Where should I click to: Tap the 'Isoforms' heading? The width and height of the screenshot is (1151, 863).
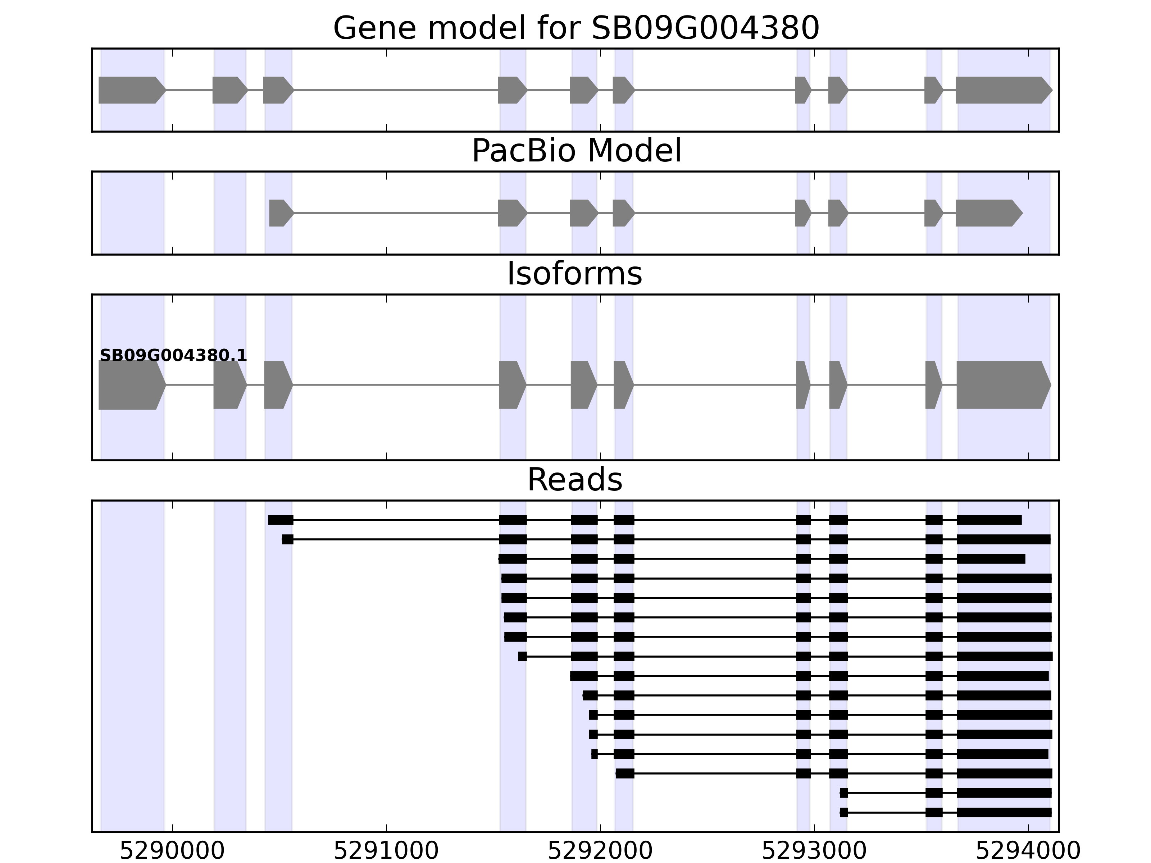pos(574,274)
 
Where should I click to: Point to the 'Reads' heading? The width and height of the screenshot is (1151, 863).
pos(574,480)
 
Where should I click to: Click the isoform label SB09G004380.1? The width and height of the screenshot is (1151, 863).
pos(173,356)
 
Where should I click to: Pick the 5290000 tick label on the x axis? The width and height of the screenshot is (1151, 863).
pos(172,851)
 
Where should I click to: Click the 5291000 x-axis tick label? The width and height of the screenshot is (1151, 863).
pos(386,851)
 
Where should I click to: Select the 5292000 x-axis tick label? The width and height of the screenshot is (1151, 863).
pos(600,851)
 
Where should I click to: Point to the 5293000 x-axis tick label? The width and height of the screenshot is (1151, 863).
pos(814,851)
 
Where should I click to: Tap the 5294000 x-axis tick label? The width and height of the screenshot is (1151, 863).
pos(1028,851)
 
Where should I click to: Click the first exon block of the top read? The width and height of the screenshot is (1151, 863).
pos(281,520)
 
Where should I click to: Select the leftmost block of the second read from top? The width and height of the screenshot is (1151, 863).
pos(287,539)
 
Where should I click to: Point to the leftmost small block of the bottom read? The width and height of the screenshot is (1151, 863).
pos(843,813)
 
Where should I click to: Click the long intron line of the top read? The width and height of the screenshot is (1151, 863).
pos(395,520)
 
